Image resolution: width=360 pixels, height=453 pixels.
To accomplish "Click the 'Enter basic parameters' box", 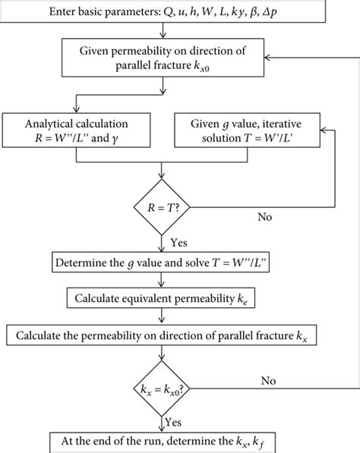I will (164, 11).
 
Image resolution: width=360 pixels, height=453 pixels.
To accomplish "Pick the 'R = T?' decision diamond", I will (164, 205).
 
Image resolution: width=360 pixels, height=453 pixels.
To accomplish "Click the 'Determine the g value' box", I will (164, 264).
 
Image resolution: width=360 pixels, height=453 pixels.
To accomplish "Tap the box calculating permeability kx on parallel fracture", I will (164, 334).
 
